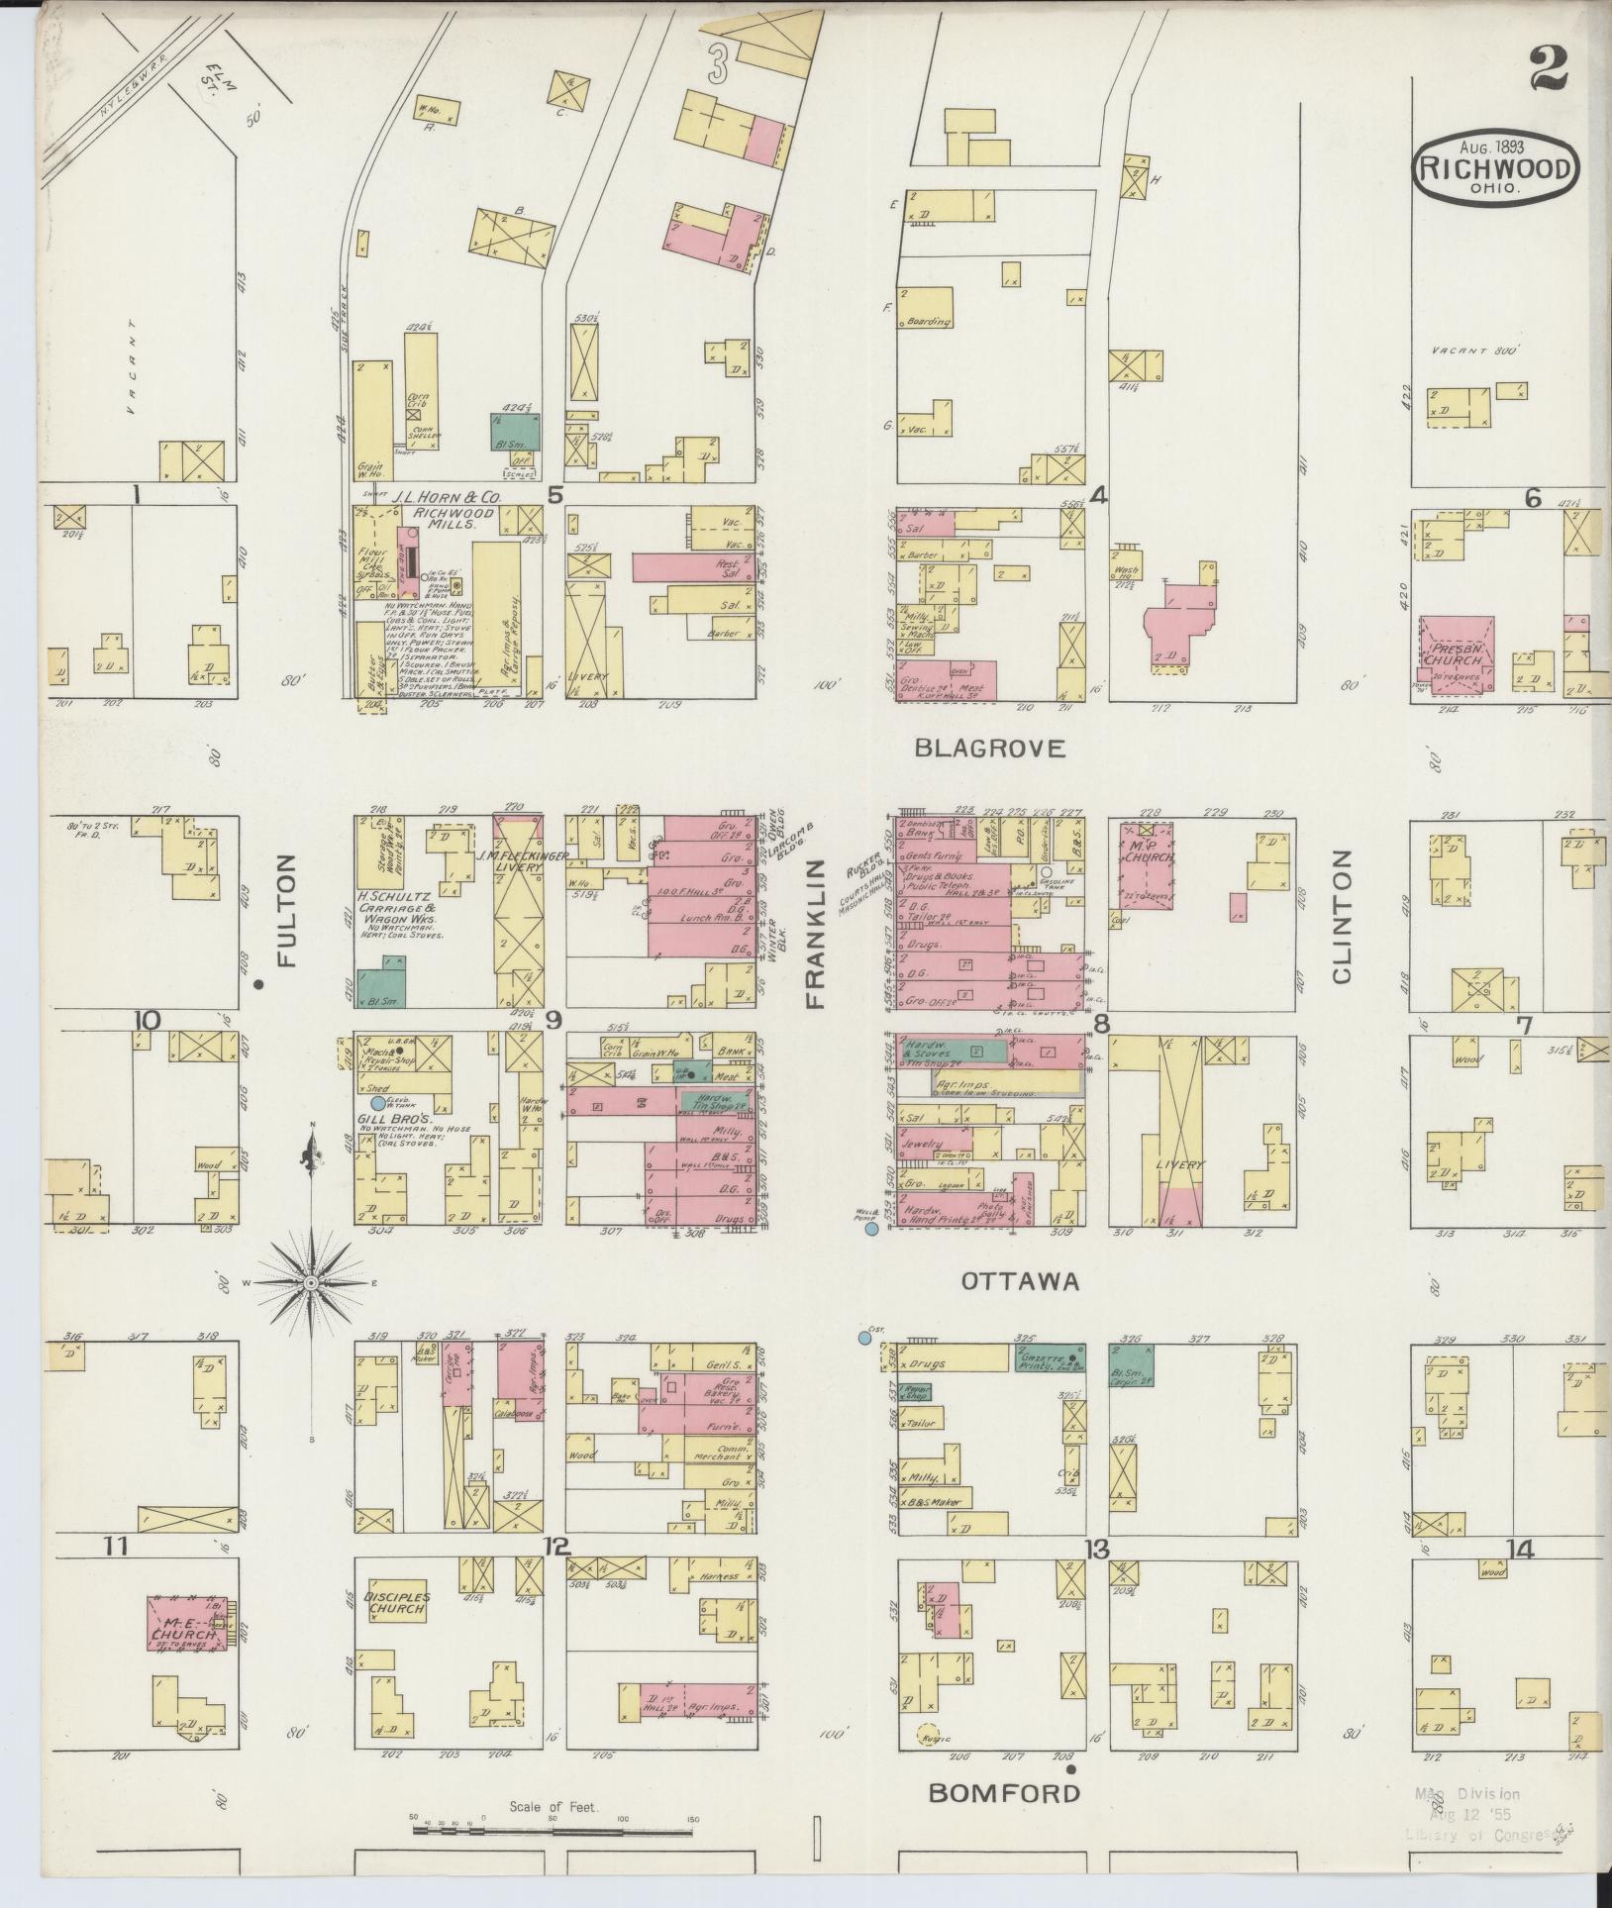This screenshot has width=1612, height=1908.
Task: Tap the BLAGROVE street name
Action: tap(990, 749)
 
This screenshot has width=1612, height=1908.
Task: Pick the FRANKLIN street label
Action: tap(816, 934)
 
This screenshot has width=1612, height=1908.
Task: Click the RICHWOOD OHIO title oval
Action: tap(1495, 169)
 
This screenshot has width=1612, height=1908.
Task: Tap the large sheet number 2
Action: tap(1549, 69)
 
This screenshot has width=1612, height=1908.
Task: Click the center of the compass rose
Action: tap(311, 1283)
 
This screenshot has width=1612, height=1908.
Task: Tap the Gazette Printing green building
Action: tap(1048, 1357)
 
